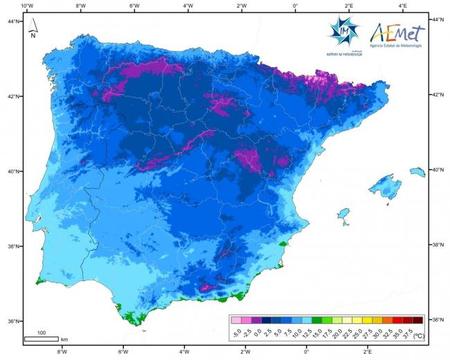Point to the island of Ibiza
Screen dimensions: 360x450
344,214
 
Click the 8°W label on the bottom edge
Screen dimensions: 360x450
62,353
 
